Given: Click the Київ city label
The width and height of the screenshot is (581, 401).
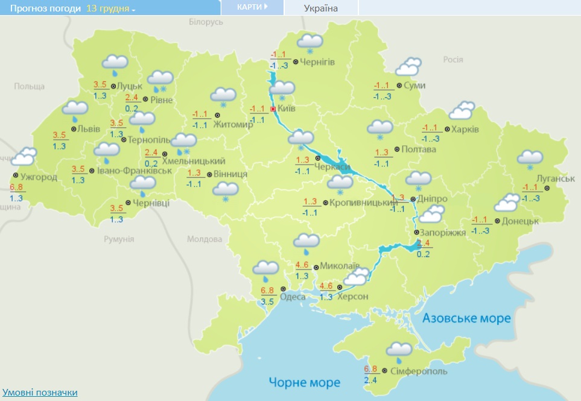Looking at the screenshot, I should [288, 110].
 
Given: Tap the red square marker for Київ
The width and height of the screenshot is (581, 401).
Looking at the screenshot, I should [273, 109].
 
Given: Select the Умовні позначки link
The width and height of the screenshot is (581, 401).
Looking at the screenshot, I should [40, 393].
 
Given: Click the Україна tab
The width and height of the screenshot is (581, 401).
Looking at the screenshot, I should [321, 8].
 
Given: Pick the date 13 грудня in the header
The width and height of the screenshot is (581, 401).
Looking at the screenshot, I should [111, 8].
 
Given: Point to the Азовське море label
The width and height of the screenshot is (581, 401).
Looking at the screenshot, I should [467, 318].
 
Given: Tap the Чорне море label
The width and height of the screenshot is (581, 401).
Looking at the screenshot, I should [305, 382].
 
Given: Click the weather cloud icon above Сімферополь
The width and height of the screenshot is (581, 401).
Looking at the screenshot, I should [398, 350].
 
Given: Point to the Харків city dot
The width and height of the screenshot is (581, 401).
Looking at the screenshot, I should [446, 129].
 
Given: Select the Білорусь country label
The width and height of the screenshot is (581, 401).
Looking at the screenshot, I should [206, 22].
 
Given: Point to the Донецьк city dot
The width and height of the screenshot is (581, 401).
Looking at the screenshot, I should [497, 221].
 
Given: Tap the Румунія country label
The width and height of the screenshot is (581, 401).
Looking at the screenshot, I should [118, 239].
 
